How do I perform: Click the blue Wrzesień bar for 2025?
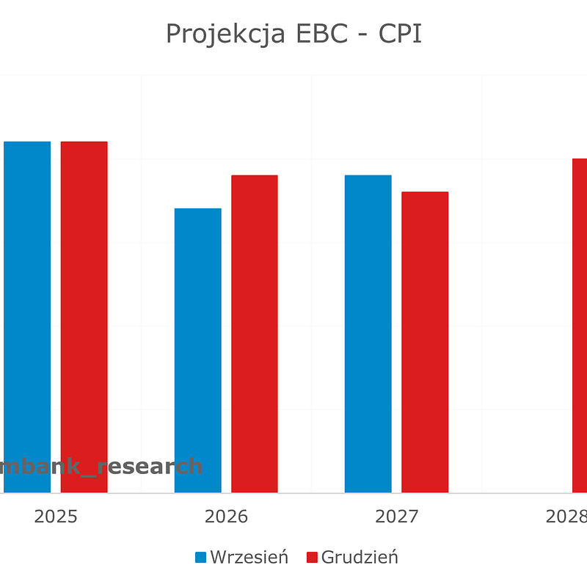[x=27, y=316]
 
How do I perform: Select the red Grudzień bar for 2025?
[x=84, y=316]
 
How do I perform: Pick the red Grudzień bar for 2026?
[x=255, y=333]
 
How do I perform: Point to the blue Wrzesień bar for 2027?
[x=368, y=333]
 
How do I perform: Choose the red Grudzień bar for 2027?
[x=425, y=342]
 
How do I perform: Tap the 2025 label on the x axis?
[x=56, y=517]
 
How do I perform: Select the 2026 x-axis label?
[x=226, y=517]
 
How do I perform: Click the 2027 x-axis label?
[x=396, y=517]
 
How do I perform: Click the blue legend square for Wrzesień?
[x=201, y=557]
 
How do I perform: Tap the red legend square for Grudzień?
[x=312, y=557]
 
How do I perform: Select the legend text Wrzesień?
[x=249, y=557]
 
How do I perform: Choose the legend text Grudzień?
[x=360, y=557]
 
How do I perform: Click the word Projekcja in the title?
[x=225, y=34]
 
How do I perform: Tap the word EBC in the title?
[x=322, y=34]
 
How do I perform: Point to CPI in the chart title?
[x=400, y=34]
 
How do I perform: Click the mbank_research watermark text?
[x=101, y=466]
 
